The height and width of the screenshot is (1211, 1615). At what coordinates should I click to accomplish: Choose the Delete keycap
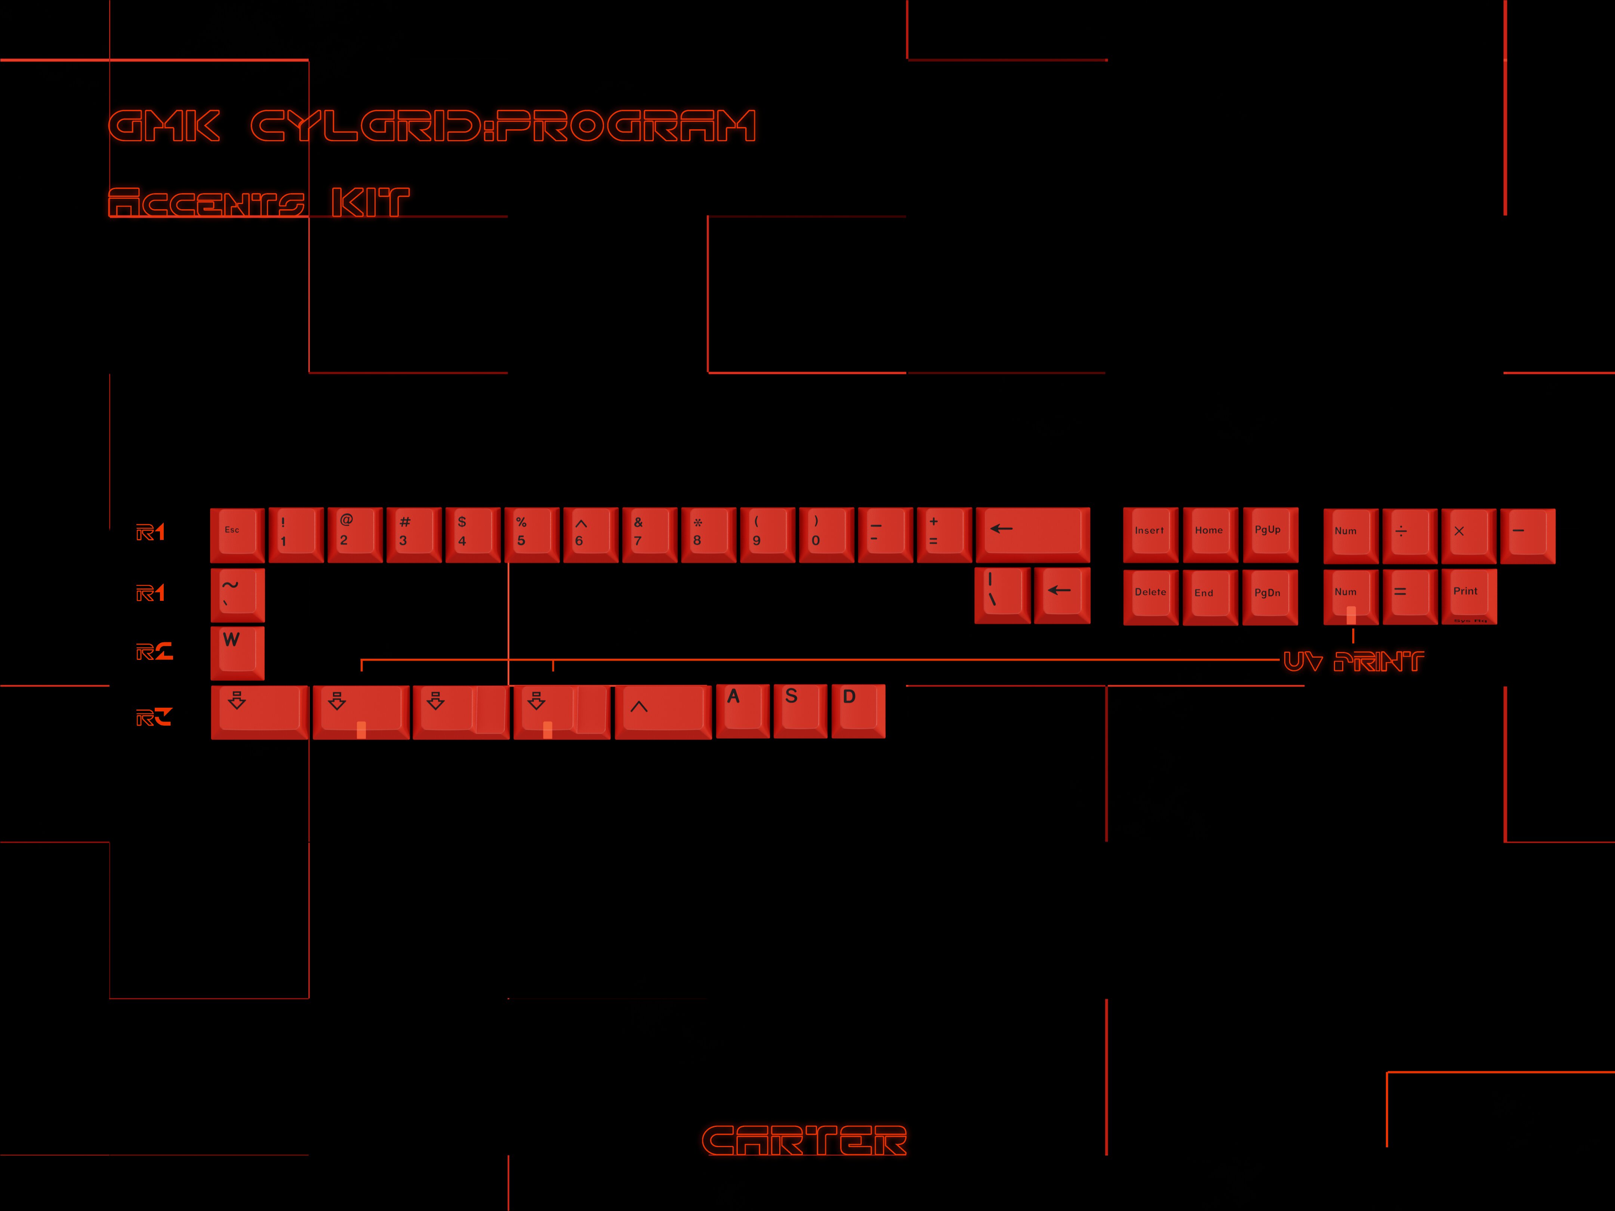pos(1150,596)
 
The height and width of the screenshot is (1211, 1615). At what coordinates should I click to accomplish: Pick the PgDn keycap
pos(1270,596)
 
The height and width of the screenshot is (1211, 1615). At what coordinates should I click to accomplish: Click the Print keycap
pos(1468,596)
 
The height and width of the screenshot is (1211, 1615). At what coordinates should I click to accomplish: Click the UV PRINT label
pos(1353,661)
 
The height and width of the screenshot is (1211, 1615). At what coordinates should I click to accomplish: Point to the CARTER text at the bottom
pos(804,1140)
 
